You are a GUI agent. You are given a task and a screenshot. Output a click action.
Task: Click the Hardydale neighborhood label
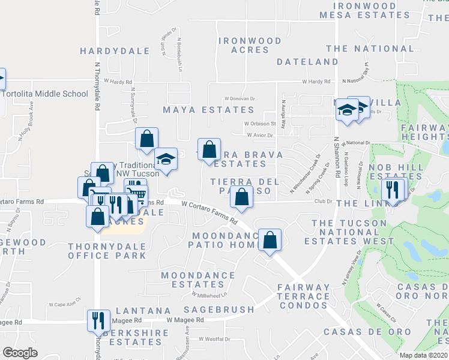tap(114, 52)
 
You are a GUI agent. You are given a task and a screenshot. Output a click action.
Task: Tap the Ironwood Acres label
tap(250, 45)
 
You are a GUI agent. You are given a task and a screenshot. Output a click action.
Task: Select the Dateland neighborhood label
tap(308, 62)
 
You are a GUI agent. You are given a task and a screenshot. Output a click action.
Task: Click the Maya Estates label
tap(209, 110)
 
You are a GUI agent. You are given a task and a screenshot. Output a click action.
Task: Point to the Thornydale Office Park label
tap(107, 251)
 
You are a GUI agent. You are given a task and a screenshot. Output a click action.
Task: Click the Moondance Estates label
tap(198, 280)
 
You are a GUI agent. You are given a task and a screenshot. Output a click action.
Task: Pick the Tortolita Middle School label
tap(45, 94)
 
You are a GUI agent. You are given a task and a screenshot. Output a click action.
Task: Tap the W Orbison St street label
tap(259, 124)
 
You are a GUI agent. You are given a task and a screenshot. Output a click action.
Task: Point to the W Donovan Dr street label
tap(240, 98)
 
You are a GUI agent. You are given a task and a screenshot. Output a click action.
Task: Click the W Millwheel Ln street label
tap(210, 295)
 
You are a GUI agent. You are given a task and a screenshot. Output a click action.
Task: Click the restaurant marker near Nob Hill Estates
tap(393, 190)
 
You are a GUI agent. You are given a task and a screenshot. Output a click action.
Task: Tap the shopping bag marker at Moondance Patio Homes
tap(271, 240)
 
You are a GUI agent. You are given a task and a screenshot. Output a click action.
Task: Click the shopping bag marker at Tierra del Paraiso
tap(241, 197)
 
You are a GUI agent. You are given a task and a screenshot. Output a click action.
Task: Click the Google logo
tap(20, 353)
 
